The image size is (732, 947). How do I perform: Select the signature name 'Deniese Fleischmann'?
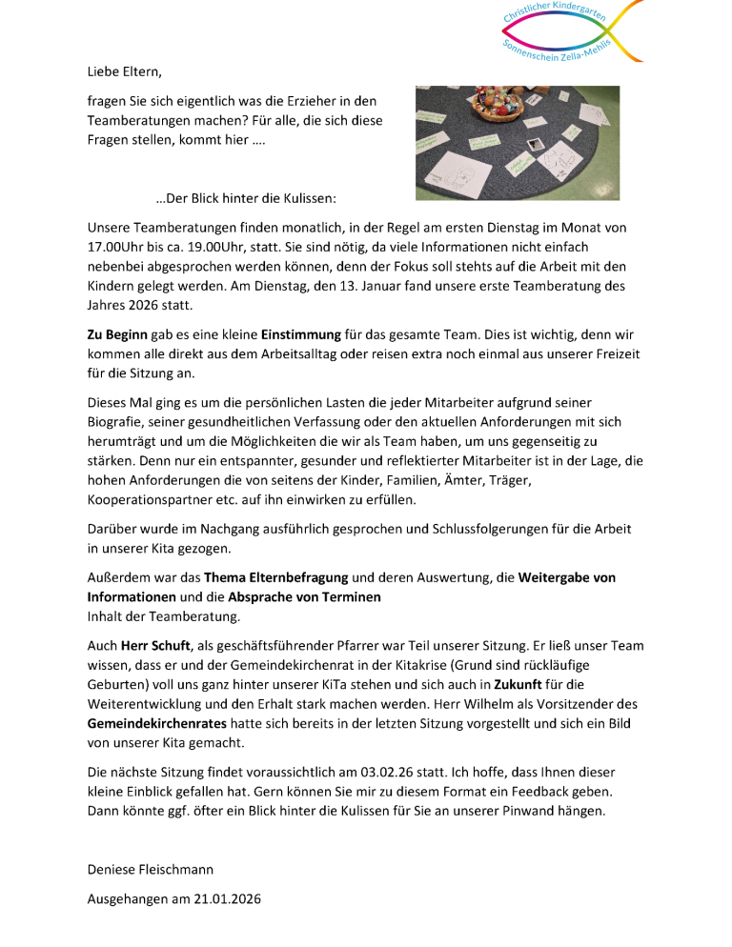(x=151, y=869)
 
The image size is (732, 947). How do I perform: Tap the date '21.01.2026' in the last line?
(x=225, y=898)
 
